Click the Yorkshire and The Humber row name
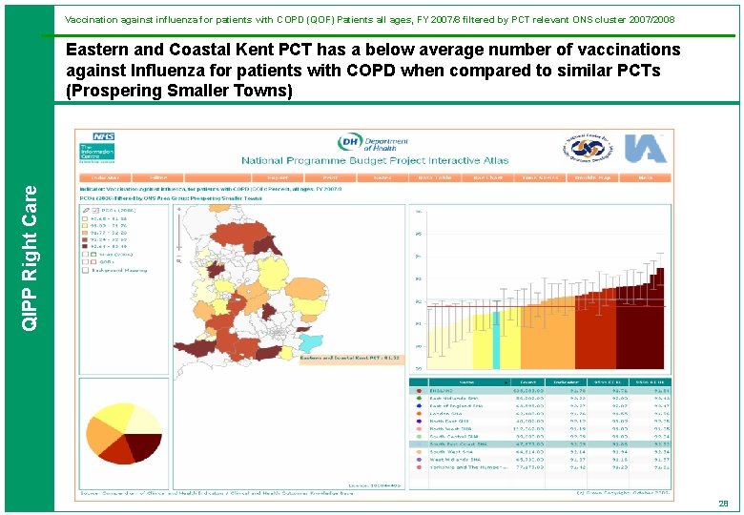[x=459, y=467]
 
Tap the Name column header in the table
[x=442, y=381]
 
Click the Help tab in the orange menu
[x=646, y=177]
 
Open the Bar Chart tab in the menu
[x=486, y=177]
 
